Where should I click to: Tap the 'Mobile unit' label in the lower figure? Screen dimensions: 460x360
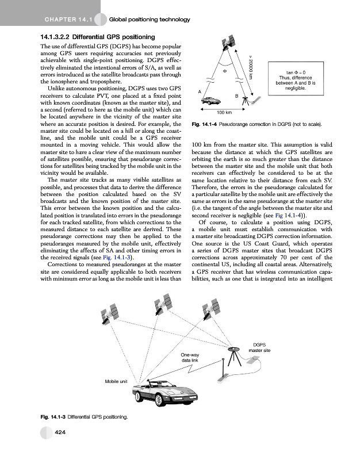point(116,381)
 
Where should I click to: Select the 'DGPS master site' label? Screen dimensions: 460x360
point(259,347)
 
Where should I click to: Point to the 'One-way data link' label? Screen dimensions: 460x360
point(190,358)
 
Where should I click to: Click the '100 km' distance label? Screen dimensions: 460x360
point(224,112)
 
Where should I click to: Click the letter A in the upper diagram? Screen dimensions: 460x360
point(199,92)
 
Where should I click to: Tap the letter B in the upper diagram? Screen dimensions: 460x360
point(237,94)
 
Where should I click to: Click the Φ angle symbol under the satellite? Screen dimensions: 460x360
point(225,71)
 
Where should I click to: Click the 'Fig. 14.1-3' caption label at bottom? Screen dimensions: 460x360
point(52,416)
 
